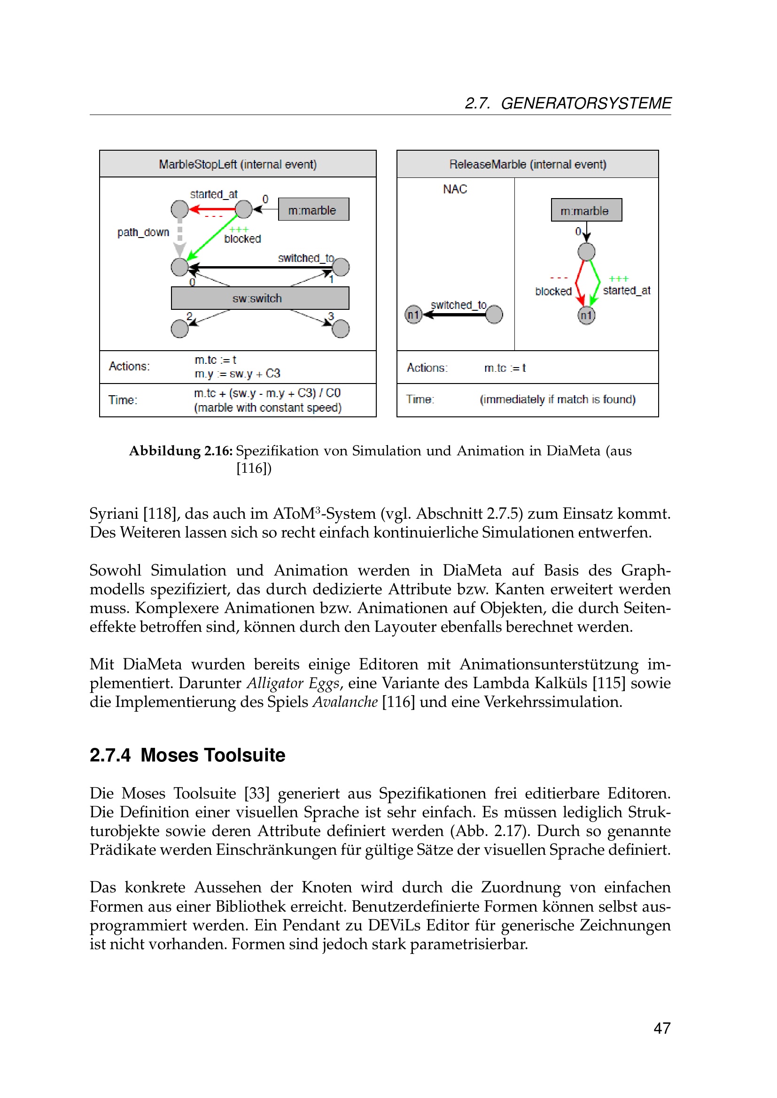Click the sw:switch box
click(260, 299)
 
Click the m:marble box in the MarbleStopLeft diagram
click(313, 210)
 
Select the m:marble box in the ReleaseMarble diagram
click(586, 210)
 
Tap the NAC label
click(455, 189)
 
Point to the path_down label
click(143, 232)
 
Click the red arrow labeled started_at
click(212, 209)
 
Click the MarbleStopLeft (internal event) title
click(237, 164)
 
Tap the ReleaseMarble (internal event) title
click(527, 164)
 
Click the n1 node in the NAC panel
click(413, 315)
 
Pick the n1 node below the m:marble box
click(586, 315)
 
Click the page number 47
click(662, 1028)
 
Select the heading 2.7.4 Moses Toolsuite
click(187, 755)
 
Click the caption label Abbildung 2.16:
click(181, 451)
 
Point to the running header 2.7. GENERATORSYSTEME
click(568, 103)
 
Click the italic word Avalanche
click(345, 702)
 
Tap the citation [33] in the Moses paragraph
click(257, 793)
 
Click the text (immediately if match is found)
click(558, 399)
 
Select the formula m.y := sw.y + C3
click(237, 374)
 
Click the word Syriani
click(114, 514)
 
